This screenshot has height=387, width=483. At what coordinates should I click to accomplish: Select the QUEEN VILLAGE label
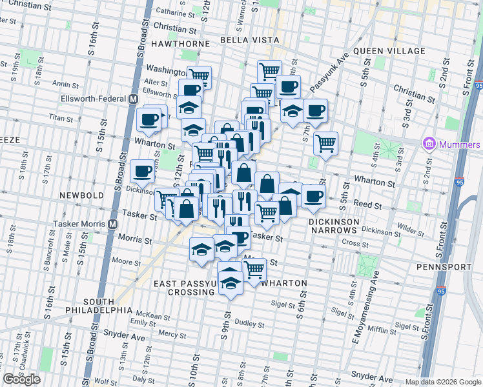click(389, 51)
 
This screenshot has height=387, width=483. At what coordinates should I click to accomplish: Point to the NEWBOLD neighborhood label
click(77, 194)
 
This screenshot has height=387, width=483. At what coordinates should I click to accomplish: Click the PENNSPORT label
click(446, 266)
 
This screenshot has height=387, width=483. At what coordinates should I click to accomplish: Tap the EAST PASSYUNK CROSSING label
click(184, 288)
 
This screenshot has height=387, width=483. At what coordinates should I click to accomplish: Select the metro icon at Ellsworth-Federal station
click(133, 99)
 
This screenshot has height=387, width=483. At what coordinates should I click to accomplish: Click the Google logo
click(22, 379)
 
